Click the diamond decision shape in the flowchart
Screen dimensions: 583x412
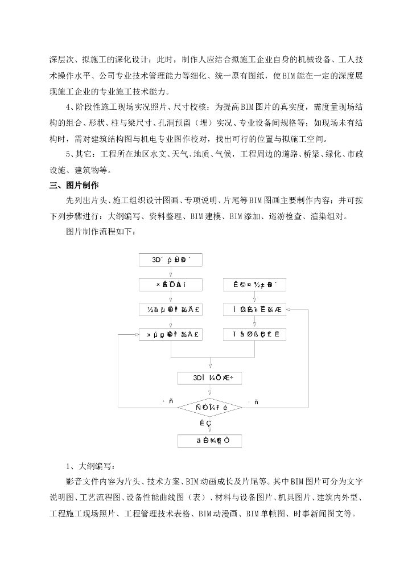[x=211, y=408]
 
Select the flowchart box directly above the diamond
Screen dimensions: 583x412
[x=210, y=378]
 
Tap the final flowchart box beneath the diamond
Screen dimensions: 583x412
[x=210, y=441]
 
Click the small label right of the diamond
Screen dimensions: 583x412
[x=253, y=402]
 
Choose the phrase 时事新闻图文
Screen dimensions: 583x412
[x=324, y=514]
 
